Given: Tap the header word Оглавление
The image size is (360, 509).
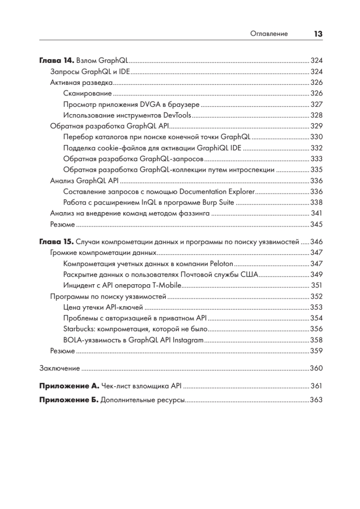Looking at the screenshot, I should (269, 34).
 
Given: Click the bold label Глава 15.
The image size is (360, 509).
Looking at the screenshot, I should (57, 242).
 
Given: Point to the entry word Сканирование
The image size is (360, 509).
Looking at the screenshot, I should (87, 93).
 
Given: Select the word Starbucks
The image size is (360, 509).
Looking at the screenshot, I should (78, 329).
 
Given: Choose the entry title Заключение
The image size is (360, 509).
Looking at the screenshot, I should (60, 368).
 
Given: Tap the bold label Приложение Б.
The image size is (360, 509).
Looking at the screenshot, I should (69, 400).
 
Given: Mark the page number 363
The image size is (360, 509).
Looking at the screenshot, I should (316, 400).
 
